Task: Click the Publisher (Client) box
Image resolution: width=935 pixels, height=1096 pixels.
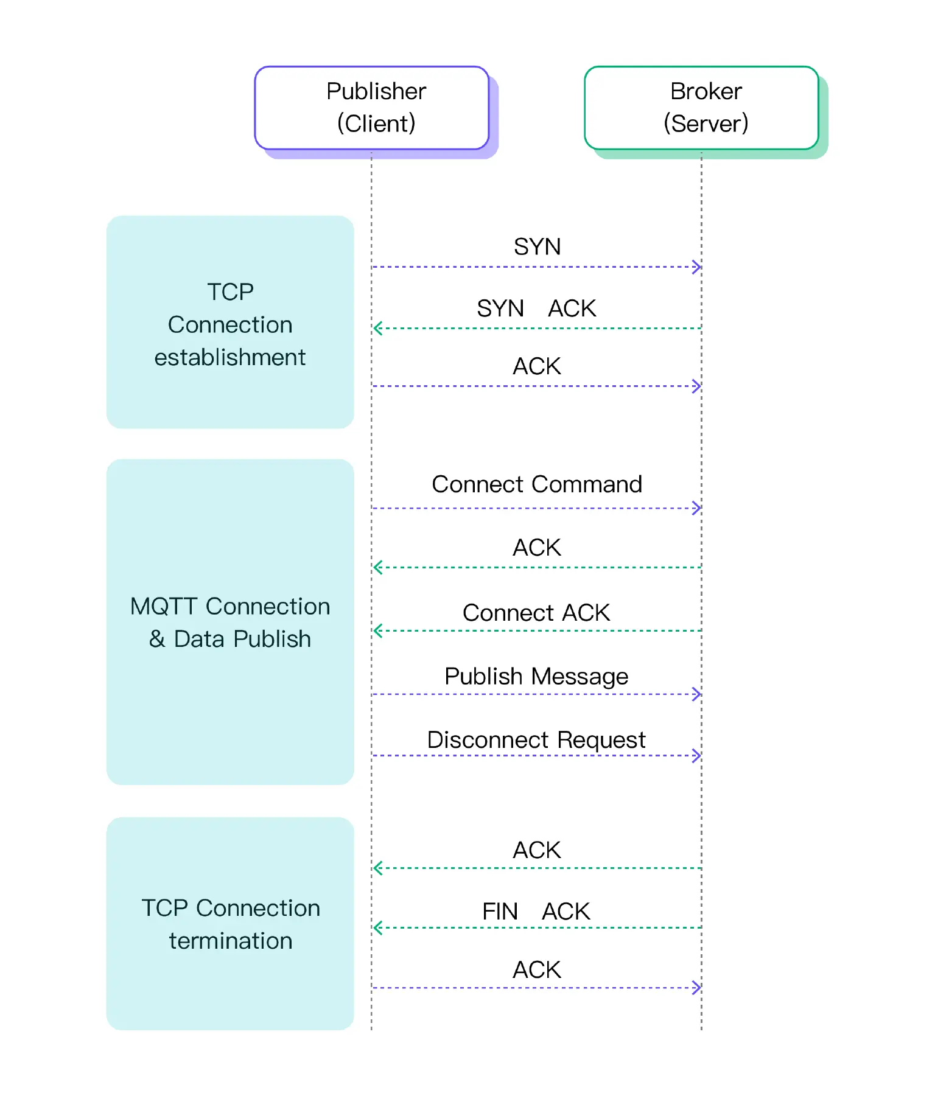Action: click(372, 108)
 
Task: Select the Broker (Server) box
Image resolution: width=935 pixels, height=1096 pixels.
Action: click(701, 108)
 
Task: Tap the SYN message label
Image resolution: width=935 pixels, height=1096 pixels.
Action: click(537, 246)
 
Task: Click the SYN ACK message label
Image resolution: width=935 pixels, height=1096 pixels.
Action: click(536, 309)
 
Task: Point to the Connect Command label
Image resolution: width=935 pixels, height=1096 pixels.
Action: click(536, 484)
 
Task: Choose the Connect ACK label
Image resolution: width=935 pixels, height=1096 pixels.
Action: click(536, 613)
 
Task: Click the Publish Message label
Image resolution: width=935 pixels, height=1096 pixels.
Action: click(536, 677)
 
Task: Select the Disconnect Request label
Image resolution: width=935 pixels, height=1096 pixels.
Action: click(536, 740)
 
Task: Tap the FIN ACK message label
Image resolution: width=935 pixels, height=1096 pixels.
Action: click(536, 912)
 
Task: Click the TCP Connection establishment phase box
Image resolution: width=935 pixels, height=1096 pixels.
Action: click(230, 323)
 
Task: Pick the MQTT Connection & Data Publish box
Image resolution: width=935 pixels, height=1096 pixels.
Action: click(230, 622)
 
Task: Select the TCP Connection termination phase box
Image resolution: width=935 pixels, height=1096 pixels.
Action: click(230, 924)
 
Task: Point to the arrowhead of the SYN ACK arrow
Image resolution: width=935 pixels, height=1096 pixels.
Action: click(377, 329)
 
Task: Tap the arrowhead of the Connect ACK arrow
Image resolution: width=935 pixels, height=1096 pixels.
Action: click(377, 631)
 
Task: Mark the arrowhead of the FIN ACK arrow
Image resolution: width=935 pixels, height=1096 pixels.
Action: click(377, 928)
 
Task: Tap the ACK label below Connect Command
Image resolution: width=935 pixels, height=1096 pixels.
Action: click(536, 548)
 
